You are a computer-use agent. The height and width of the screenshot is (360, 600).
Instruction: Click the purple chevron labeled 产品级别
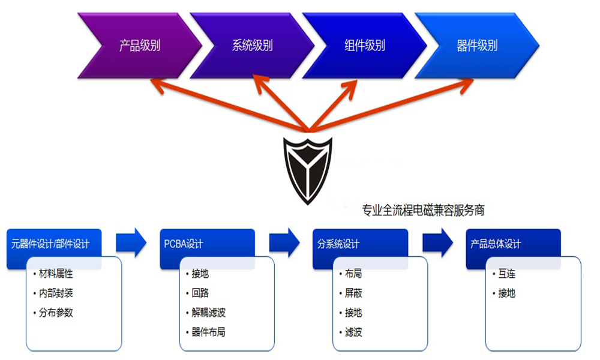coord(140,46)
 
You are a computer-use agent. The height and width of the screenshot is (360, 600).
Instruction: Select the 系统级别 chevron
coord(252,46)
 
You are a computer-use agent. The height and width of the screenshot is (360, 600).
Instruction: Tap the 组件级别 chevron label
coord(365,46)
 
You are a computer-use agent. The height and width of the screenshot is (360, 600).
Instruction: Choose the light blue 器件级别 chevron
coord(477,46)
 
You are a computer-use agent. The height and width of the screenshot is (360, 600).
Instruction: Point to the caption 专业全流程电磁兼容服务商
coord(423,210)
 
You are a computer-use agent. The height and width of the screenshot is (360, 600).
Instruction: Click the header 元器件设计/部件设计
coord(50,244)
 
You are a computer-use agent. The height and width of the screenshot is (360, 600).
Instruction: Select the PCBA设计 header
coord(184,244)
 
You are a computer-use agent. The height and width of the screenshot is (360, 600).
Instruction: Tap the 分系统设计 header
coord(338,244)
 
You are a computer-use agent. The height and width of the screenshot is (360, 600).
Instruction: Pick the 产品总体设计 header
coord(496,244)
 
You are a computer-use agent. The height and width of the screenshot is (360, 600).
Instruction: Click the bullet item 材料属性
coord(56,274)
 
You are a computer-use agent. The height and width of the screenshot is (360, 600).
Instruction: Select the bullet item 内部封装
coord(56,293)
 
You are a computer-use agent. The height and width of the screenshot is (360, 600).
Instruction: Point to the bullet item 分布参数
coord(56,313)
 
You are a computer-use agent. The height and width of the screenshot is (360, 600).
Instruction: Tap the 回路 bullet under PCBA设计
coord(200,293)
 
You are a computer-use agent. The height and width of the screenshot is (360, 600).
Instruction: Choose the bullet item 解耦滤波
coord(209,313)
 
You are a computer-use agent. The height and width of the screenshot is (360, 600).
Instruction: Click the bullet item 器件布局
coord(209,332)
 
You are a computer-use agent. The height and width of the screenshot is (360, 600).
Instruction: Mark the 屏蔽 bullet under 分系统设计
coord(353,293)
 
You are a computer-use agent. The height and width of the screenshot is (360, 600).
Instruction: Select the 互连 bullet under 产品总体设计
coord(506,274)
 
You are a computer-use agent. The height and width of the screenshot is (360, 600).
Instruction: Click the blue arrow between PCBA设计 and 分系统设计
coord(284,243)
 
